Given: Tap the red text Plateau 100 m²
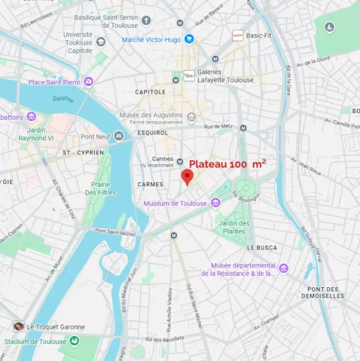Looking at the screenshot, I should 227,164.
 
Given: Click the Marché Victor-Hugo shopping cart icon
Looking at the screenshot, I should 189,39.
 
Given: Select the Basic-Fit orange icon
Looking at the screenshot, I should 237,35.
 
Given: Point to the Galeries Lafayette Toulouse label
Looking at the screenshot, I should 226,76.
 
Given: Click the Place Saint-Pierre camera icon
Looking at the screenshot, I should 89,81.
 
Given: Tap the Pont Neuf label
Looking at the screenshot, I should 95,136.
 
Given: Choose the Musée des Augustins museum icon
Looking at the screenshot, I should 191,117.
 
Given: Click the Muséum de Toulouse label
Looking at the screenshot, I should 175,203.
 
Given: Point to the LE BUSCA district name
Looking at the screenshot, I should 262,247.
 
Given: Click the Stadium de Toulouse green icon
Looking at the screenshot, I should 74,341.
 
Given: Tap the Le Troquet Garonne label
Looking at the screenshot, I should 56,327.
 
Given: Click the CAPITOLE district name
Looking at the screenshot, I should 151,92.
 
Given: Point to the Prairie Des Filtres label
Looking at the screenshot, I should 101,189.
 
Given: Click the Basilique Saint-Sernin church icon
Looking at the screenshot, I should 146,20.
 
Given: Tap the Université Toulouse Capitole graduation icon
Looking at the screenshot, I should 101,42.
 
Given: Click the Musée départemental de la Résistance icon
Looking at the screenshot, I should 284,268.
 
